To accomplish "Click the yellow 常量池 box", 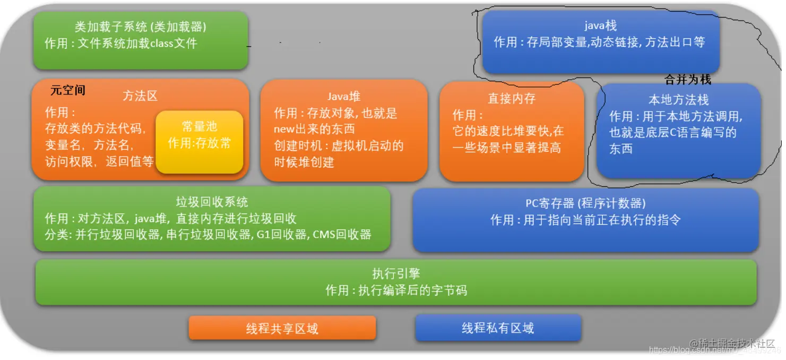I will pyautogui.click(x=199, y=141).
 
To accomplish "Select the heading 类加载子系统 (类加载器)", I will pyautogui.click(x=141, y=27).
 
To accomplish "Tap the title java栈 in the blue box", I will pyautogui.click(x=600, y=25).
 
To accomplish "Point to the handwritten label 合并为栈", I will pyautogui.click(x=687, y=80).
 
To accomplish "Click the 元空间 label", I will pyautogui.click(x=67, y=90).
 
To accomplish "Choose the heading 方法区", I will pyautogui.click(x=140, y=96).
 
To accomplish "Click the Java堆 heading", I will pyautogui.click(x=343, y=96).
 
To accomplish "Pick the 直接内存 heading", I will pyautogui.click(x=512, y=98).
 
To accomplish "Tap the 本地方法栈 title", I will pyautogui.click(x=678, y=100).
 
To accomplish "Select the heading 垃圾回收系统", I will pyautogui.click(x=212, y=202).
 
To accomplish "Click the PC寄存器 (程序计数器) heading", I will pyautogui.click(x=585, y=203).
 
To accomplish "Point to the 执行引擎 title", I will pyautogui.click(x=396, y=273).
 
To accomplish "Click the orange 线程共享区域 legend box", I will pyautogui.click(x=282, y=328).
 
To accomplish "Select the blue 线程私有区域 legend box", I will pyautogui.click(x=498, y=328).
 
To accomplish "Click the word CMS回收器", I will pyautogui.click(x=342, y=234).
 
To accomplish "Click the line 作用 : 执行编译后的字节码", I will pyautogui.click(x=396, y=290).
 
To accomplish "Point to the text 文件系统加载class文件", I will pyautogui.click(x=137, y=44).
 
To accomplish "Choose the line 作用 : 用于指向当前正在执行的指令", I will pyautogui.click(x=585, y=219).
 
